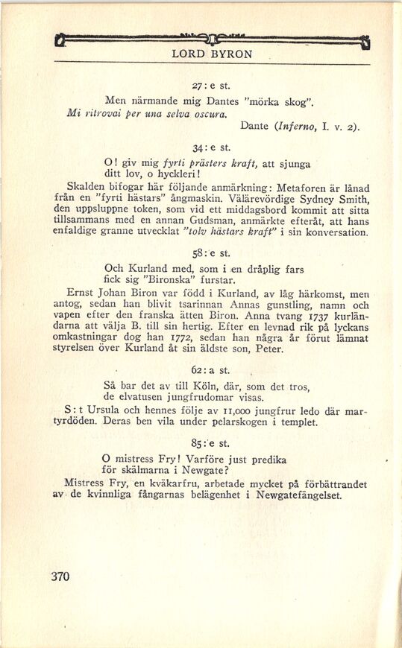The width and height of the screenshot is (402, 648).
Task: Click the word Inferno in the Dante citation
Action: click(x=292, y=127)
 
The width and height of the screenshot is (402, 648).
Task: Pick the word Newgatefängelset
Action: click(x=298, y=494)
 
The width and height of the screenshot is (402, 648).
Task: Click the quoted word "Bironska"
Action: click(x=172, y=280)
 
